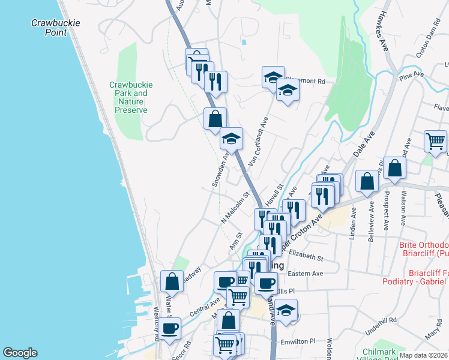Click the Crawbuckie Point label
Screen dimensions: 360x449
coord(56,28)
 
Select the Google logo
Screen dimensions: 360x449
coord(20,353)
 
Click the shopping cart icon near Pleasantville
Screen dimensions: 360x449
coord(435,142)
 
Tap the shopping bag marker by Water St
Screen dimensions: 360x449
coord(172,281)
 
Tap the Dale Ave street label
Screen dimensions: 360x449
coord(364,144)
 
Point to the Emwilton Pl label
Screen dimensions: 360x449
coord(298,341)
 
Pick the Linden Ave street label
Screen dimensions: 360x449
coord(354,221)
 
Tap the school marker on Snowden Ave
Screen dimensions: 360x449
coord(231,139)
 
